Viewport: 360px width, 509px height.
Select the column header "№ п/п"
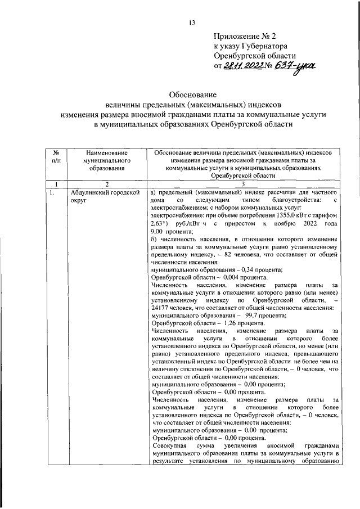[x=56, y=157]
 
